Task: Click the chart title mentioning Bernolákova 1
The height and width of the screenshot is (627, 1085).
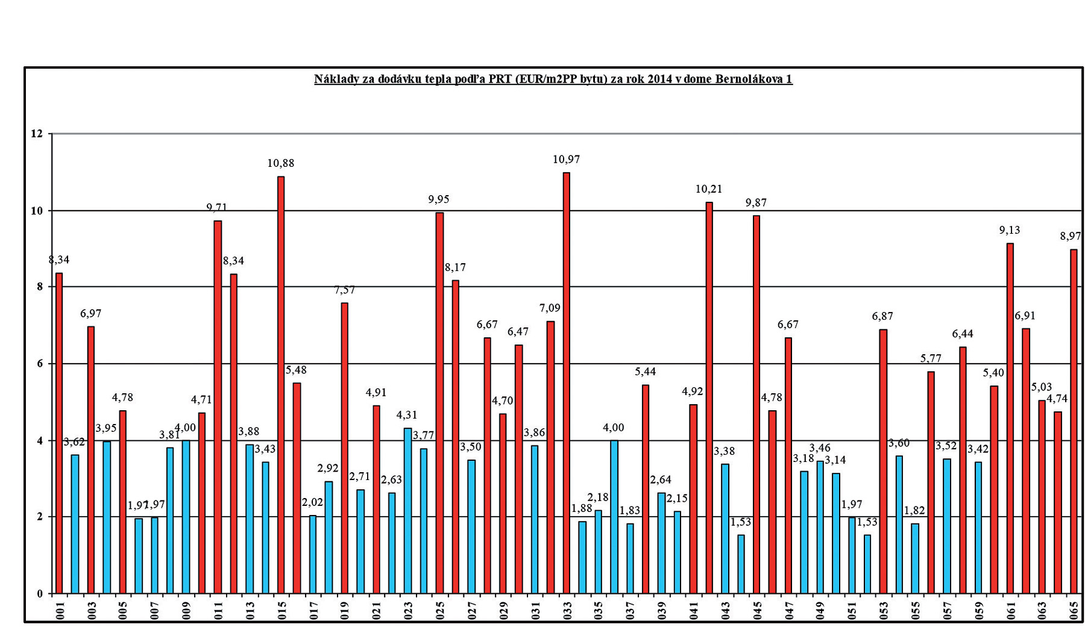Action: point(553,79)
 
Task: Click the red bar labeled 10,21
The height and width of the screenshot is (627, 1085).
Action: point(709,398)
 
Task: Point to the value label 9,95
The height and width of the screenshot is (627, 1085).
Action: point(439,199)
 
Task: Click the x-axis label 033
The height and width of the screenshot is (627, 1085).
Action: point(567,610)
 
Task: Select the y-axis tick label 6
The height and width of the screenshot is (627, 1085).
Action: point(40,364)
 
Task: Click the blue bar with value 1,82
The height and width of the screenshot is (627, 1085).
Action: point(915,558)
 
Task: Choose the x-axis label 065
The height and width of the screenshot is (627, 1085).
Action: point(1074,610)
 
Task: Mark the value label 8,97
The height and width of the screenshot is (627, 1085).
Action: point(1071,236)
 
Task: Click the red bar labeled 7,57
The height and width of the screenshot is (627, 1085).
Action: point(344,448)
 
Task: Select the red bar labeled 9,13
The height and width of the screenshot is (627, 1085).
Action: point(1010,418)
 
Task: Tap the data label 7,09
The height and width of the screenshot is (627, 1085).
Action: point(550,308)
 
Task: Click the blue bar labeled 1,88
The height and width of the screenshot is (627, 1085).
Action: point(582,557)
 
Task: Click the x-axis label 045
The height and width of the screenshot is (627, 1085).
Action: point(757,610)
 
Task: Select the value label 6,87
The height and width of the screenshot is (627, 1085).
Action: point(882,316)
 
